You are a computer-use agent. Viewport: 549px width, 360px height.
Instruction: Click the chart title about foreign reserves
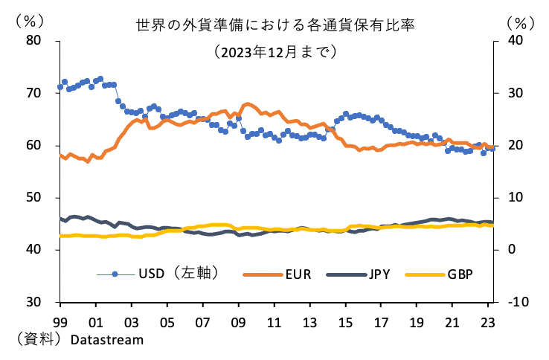coord(274,25)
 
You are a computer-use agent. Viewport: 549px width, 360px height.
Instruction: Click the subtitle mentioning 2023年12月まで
coord(274,52)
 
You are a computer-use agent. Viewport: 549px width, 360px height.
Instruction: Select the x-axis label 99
coord(60,324)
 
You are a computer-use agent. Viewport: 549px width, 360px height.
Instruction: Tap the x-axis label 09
coord(239,324)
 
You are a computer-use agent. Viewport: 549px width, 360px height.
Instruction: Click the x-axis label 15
coord(346,324)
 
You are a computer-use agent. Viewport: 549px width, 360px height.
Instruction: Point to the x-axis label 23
coord(489,324)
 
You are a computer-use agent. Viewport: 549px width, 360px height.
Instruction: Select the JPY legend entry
coord(379,274)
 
